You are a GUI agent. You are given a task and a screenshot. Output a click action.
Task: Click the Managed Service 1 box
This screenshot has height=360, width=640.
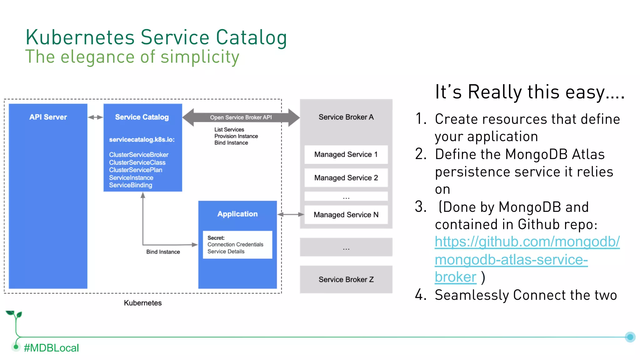[346, 154]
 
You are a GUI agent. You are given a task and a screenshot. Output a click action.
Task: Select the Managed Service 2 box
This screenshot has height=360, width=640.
[346, 178]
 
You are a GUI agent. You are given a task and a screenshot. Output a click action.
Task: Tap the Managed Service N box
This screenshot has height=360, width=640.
[346, 215]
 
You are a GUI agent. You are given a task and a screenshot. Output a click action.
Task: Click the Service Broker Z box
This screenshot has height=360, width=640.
[346, 279]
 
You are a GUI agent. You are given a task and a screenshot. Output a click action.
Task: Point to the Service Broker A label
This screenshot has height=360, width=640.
[346, 117]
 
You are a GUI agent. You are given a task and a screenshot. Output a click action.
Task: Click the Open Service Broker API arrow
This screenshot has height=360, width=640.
[241, 117]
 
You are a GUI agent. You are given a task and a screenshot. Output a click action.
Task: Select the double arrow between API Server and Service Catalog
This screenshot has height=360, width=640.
[95, 117]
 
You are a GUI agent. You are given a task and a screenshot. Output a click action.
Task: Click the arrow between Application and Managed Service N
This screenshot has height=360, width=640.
[291, 214]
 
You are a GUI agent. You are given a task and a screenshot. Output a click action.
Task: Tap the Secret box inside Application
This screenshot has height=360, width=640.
[237, 245]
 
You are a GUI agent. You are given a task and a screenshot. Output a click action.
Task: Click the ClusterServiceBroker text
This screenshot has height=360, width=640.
[139, 155]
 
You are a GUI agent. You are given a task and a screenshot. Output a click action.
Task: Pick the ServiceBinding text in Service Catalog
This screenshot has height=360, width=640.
[131, 185]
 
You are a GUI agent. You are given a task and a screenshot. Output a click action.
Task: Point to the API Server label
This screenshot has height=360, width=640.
[48, 117]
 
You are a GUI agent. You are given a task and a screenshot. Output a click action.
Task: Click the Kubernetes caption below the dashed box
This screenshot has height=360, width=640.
[143, 303]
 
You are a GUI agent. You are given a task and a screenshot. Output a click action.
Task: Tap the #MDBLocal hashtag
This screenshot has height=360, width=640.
[51, 348]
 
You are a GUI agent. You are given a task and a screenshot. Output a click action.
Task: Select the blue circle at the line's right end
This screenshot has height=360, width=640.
[630, 337]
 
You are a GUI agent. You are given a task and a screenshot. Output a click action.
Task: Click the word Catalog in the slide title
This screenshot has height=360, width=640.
[251, 37]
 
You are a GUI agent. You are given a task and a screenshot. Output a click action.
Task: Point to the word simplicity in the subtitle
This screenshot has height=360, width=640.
[200, 57]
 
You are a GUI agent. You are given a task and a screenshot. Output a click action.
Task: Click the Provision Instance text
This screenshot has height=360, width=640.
[236, 136]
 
